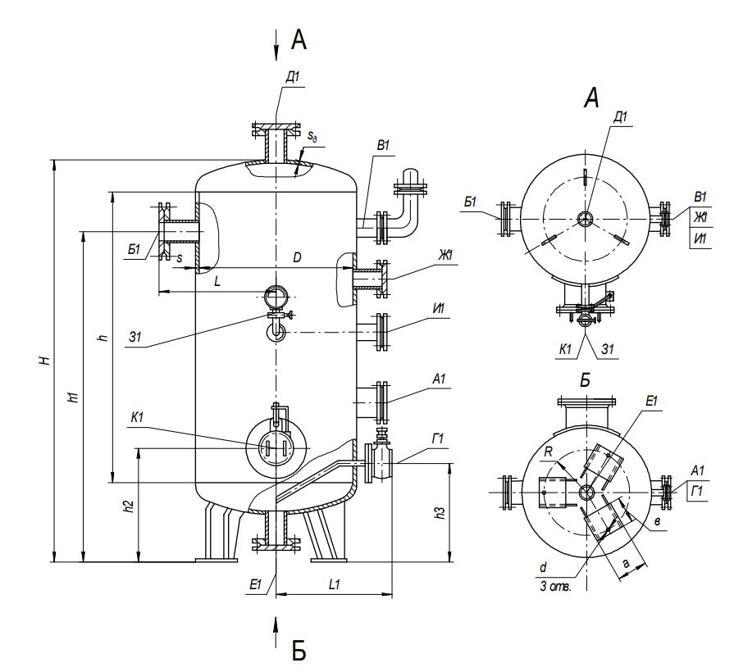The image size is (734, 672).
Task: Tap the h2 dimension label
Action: (129, 506)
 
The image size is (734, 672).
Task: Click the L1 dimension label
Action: (334, 586)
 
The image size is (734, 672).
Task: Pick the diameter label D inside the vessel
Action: (298, 258)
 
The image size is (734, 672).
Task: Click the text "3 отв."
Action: (554, 587)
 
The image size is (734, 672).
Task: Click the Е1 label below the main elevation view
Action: (256, 584)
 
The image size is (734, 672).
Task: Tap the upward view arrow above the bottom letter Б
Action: (276, 627)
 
